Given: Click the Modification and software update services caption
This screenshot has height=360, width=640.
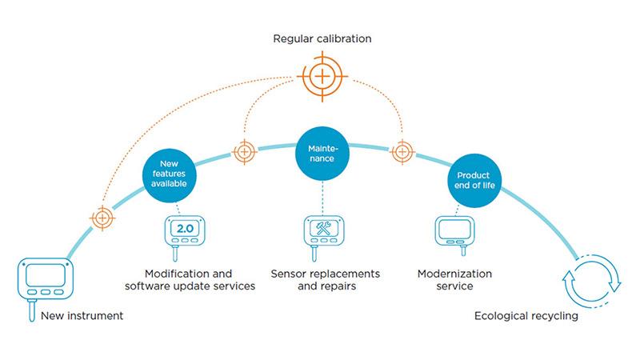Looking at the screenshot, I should point(188,279).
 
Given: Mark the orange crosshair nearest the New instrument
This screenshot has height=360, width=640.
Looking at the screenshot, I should point(102,217).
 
